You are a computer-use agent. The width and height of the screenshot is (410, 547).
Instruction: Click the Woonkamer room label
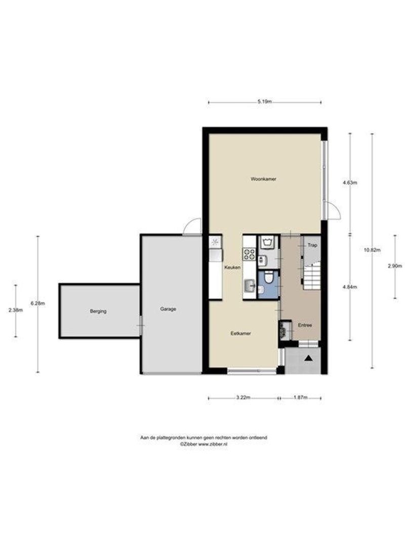(x=263, y=179)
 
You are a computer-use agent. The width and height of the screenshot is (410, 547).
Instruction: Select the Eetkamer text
(x=241, y=333)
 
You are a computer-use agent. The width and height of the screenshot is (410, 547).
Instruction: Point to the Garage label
(x=168, y=309)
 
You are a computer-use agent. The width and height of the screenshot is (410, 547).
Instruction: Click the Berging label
(x=98, y=311)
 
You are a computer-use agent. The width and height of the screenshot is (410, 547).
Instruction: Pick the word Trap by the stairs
(x=312, y=246)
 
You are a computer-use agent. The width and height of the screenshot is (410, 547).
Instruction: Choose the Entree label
(x=305, y=326)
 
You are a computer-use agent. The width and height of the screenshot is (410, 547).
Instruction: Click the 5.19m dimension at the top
(x=265, y=102)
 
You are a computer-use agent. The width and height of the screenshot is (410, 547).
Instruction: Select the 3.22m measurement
(x=243, y=398)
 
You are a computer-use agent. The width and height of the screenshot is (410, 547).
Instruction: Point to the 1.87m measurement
(x=300, y=398)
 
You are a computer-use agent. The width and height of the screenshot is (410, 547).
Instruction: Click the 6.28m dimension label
(x=37, y=303)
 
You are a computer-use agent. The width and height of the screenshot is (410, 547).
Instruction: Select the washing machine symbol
(x=267, y=242)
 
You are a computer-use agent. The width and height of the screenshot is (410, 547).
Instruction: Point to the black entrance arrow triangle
(x=308, y=358)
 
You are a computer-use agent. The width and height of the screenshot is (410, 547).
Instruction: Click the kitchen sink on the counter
(x=249, y=287)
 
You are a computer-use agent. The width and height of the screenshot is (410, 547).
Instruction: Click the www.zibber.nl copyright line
(x=203, y=443)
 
